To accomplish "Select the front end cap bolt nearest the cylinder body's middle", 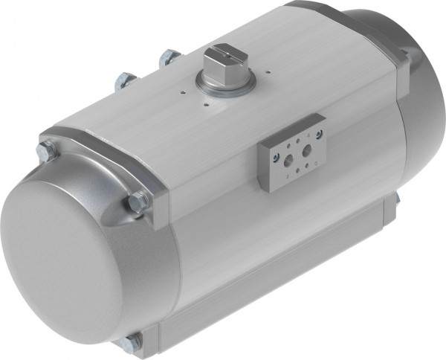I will (138, 201).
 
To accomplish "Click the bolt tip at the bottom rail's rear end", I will (398, 196).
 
